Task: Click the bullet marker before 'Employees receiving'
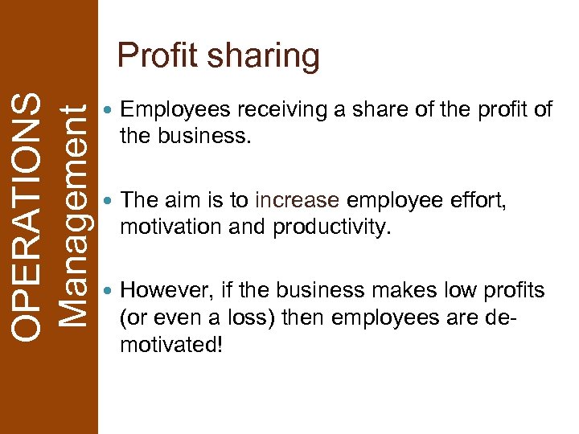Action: coord(109,110)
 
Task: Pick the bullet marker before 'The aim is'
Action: coord(109,200)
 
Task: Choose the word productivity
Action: coord(331,228)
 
